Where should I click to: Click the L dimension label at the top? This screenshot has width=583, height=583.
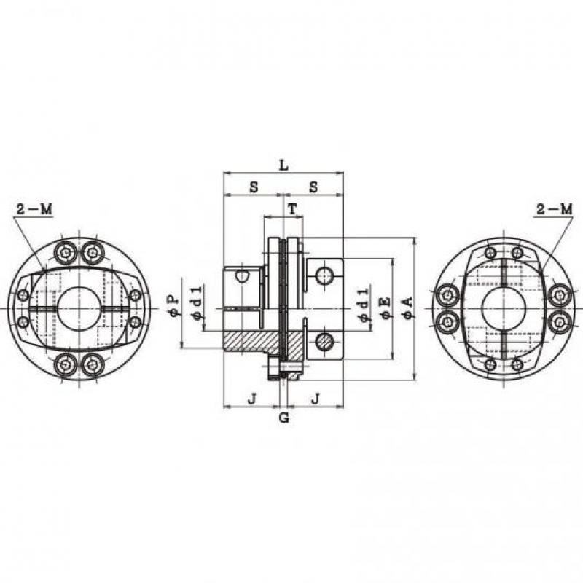click(x=283, y=165)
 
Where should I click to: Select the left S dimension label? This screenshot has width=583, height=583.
click(x=254, y=187)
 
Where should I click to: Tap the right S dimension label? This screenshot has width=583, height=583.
click(x=314, y=187)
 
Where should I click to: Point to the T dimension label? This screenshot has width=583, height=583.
click(x=293, y=209)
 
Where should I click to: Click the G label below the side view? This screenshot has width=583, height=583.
click(x=283, y=418)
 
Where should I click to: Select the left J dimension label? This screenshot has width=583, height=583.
click(x=252, y=399)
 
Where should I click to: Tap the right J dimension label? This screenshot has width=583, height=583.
click(x=316, y=399)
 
